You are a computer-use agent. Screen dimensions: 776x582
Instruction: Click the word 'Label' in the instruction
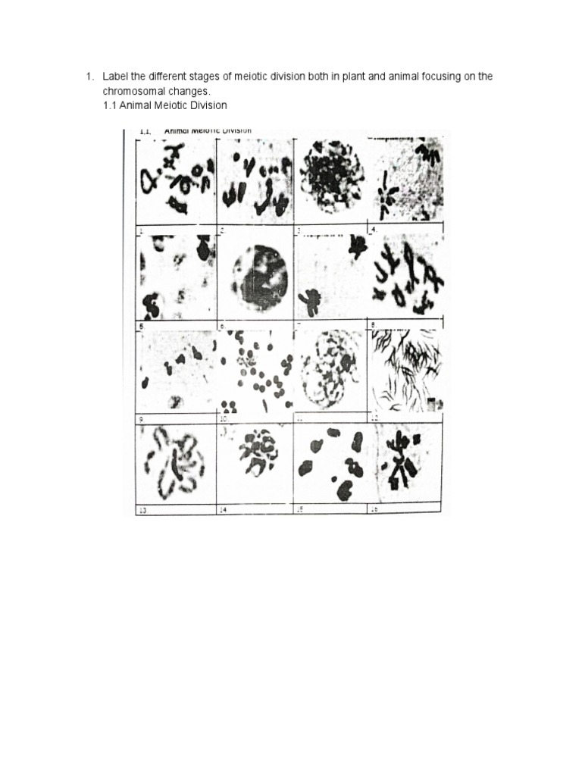pos(115,77)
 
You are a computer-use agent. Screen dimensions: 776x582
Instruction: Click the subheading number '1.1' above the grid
pos(111,105)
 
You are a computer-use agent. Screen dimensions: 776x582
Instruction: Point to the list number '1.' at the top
pos(89,77)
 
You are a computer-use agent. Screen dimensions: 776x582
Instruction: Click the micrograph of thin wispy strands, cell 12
pos(405,371)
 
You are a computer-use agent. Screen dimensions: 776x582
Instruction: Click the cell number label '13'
pos(142,511)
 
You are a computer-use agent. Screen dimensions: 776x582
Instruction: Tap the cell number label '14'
pos(224,510)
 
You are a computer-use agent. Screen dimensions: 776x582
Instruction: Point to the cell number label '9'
pos(140,418)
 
